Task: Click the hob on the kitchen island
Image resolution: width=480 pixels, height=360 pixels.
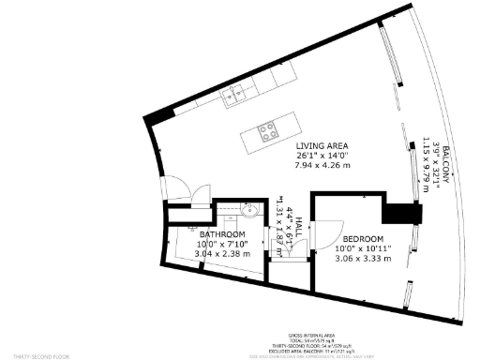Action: pos(266,131)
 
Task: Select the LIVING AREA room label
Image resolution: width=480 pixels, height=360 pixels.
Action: pos(322,146)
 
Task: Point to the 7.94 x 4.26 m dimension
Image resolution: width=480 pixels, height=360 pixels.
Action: pos(322,166)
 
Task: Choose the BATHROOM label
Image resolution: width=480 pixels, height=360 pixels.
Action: pos(222,234)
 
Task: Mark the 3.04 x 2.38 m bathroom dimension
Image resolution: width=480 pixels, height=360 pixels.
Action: pos(222,253)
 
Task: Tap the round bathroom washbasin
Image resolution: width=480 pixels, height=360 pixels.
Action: pos(251,209)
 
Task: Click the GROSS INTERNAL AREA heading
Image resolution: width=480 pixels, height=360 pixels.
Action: pos(309,335)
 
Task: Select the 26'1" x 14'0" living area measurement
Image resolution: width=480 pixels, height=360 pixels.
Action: pos(322,156)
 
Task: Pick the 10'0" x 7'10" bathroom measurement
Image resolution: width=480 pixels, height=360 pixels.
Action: pos(222,244)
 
